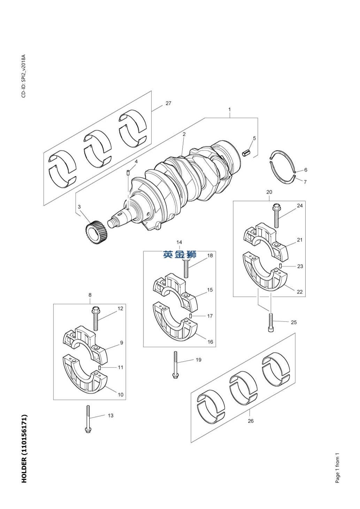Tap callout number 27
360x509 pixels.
coord(168,103)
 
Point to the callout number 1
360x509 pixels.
coord(230,109)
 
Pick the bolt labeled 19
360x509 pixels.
coord(175,365)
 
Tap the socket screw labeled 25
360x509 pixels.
coord(271,323)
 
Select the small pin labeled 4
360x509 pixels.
coord(128,173)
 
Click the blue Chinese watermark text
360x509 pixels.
coord(179,254)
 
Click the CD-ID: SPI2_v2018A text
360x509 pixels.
coord(24,76)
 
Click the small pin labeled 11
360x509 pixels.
coord(99,368)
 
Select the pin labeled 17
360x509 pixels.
coord(191,316)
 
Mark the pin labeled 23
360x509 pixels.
coord(281,265)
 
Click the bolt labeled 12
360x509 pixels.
coord(95,318)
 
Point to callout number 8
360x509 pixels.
coord(90,295)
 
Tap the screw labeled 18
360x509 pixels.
coord(186,268)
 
